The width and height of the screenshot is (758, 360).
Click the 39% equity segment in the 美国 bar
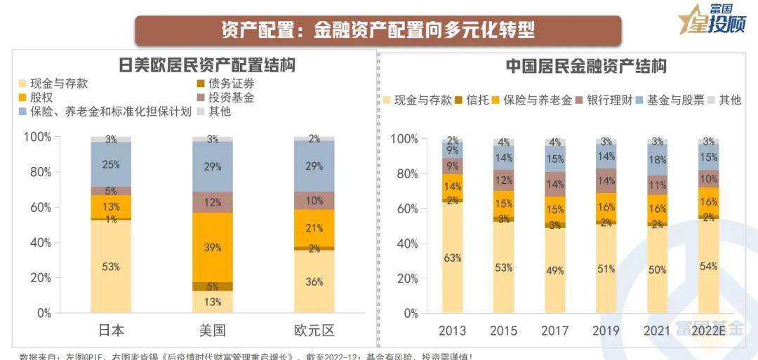[213, 247]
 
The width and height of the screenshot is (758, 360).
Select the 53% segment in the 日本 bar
[111, 267]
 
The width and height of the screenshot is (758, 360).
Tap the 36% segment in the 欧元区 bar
[314, 281]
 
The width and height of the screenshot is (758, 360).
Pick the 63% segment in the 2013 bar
[453, 258]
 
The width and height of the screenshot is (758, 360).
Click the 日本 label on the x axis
[111, 331]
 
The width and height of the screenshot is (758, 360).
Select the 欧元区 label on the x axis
[314, 331]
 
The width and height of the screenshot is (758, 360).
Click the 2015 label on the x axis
[503, 331]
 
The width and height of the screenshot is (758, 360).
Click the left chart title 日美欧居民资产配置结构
[206, 65]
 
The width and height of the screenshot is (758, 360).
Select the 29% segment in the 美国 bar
[213, 166]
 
